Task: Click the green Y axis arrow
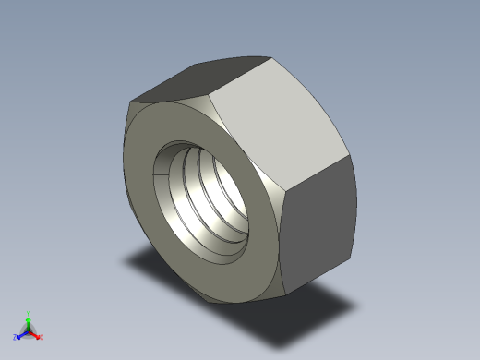[29, 320]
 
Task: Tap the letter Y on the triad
[29, 313]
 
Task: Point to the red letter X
[41, 337]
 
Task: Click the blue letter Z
[17, 337]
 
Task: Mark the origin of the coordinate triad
[29, 330]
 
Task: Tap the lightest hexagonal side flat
[277, 129]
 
